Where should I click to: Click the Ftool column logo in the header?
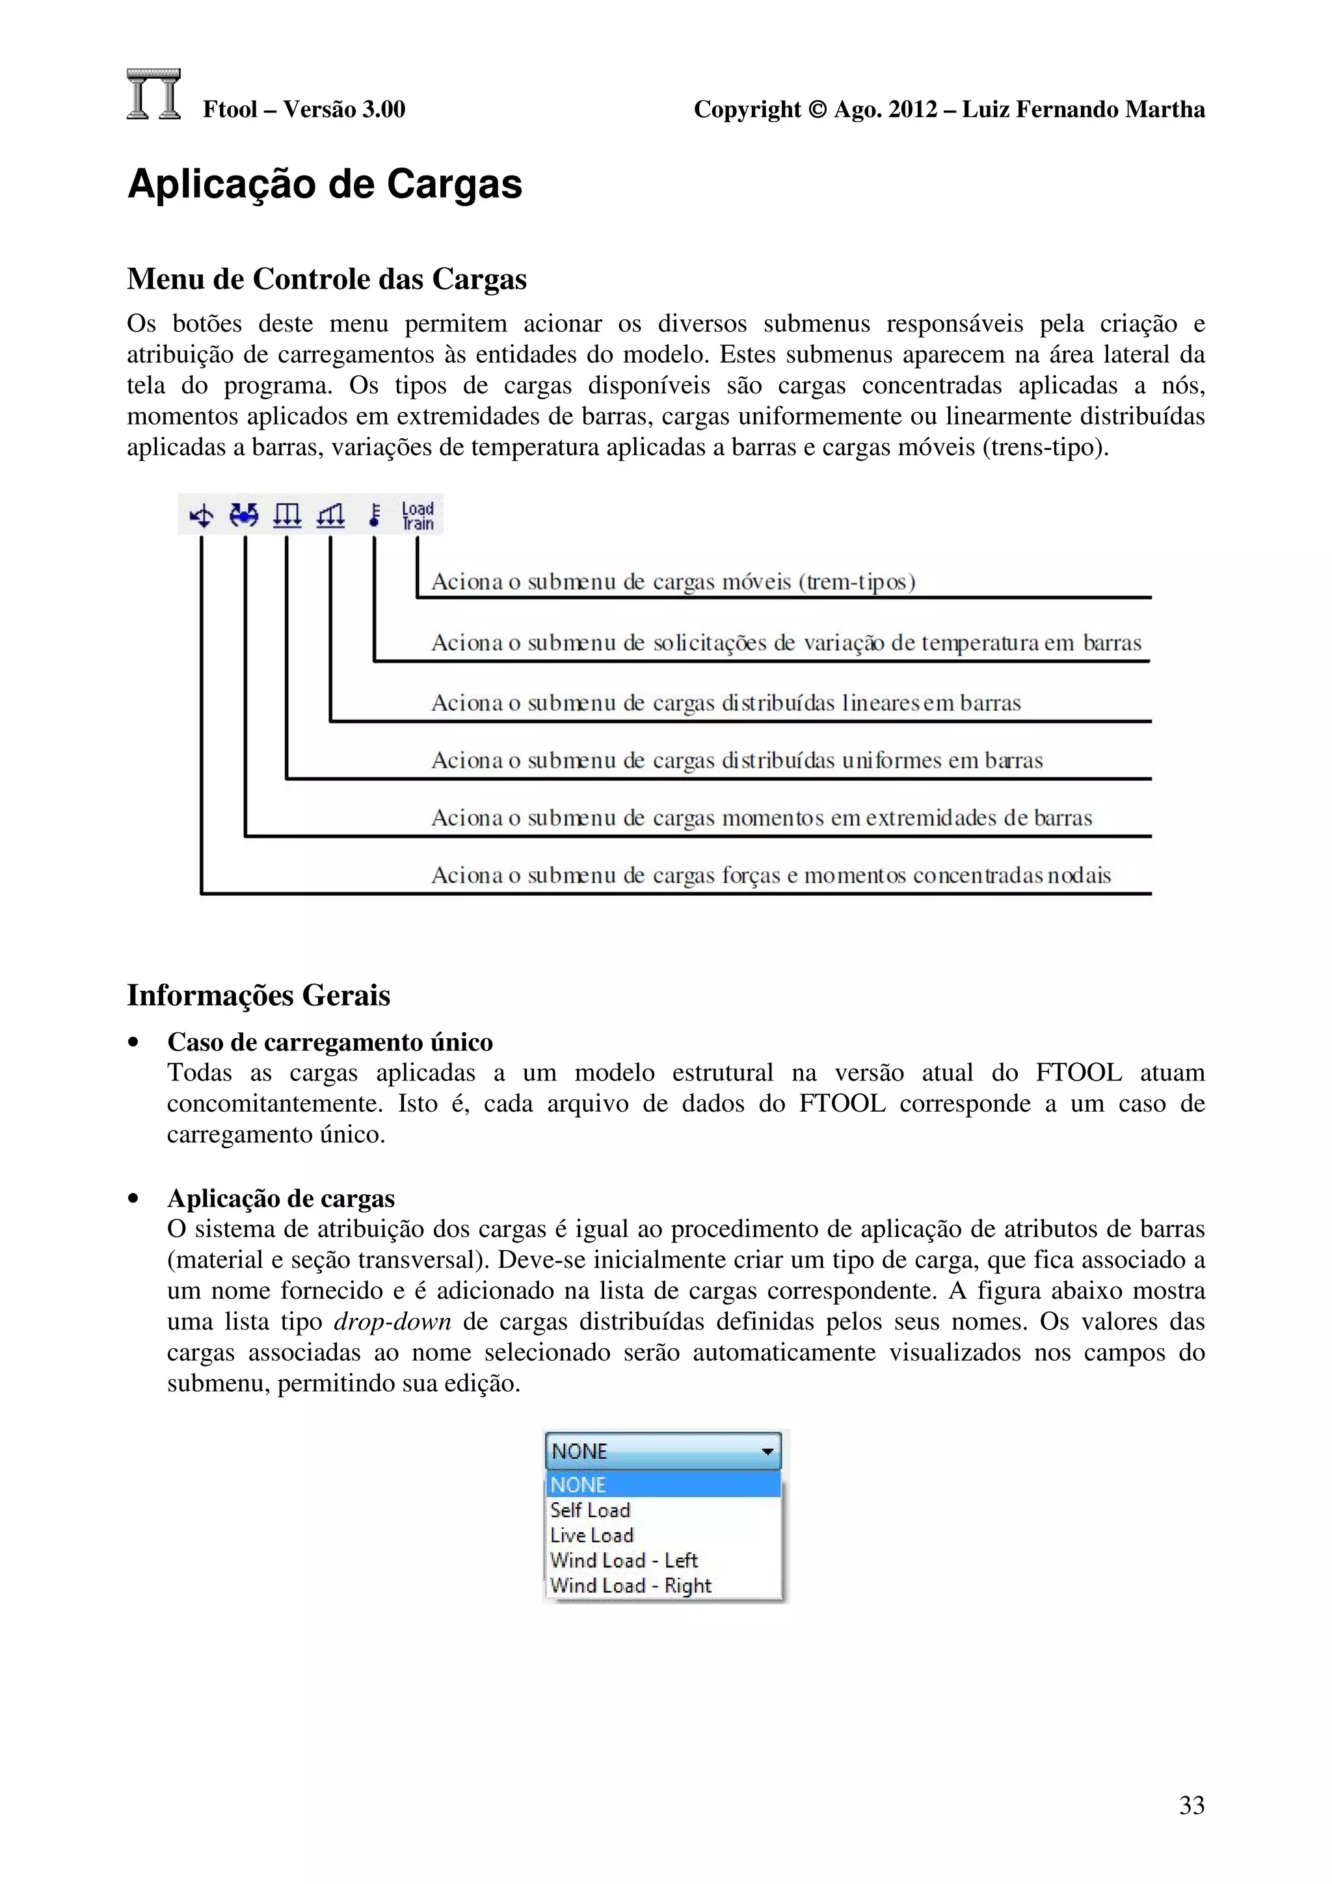click(x=153, y=94)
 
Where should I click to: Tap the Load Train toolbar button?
click(x=417, y=516)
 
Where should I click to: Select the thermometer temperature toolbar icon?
click(x=374, y=514)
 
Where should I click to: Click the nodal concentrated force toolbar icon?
click(x=201, y=516)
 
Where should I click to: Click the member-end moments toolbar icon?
click(x=244, y=514)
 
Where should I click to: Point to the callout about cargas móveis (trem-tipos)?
click(x=673, y=582)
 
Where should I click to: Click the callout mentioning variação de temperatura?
click(x=786, y=642)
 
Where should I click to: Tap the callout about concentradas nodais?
click(x=771, y=875)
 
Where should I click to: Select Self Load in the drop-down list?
click(x=590, y=1510)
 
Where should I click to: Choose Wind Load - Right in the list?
click(x=630, y=1586)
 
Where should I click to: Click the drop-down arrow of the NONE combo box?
click(x=767, y=1452)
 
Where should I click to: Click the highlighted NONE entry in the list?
click(x=579, y=1484)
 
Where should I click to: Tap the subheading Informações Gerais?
click(x=258, y=995)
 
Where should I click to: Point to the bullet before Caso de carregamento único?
click(x=133, y=1043)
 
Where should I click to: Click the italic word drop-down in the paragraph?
click(x=392, y=1322)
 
